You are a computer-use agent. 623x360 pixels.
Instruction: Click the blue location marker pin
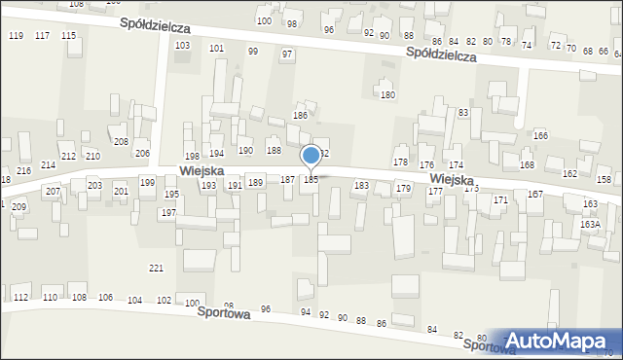[x=311, y=156]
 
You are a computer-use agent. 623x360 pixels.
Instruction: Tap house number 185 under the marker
[x=311, y=180]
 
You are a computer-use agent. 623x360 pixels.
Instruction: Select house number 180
[x=387, y=95]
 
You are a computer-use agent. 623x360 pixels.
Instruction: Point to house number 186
[x=301, y=116]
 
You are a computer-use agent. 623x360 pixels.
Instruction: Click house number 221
[x=156, y=268]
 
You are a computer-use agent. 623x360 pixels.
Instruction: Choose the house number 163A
[x=590, y=224]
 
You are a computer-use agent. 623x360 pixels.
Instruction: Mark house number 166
[x=540, y=135]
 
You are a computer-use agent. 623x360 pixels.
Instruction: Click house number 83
[x=463, y=113]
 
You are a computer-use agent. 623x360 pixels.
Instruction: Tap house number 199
[x=147, y=183]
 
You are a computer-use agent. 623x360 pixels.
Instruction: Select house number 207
[x=53, y=191]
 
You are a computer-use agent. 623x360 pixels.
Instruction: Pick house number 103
[x=181, y=47]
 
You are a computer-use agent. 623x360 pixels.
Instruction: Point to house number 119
[x=16, y=36]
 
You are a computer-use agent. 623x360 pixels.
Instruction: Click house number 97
[x=287, y=54]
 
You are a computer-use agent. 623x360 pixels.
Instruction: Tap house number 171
[x=500, y=199]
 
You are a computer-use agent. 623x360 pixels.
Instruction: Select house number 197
[x=168, y=212]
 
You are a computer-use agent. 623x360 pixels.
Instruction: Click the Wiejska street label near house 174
[x=452, y=181]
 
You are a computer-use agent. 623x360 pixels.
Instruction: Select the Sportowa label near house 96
[x=225, y=314]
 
